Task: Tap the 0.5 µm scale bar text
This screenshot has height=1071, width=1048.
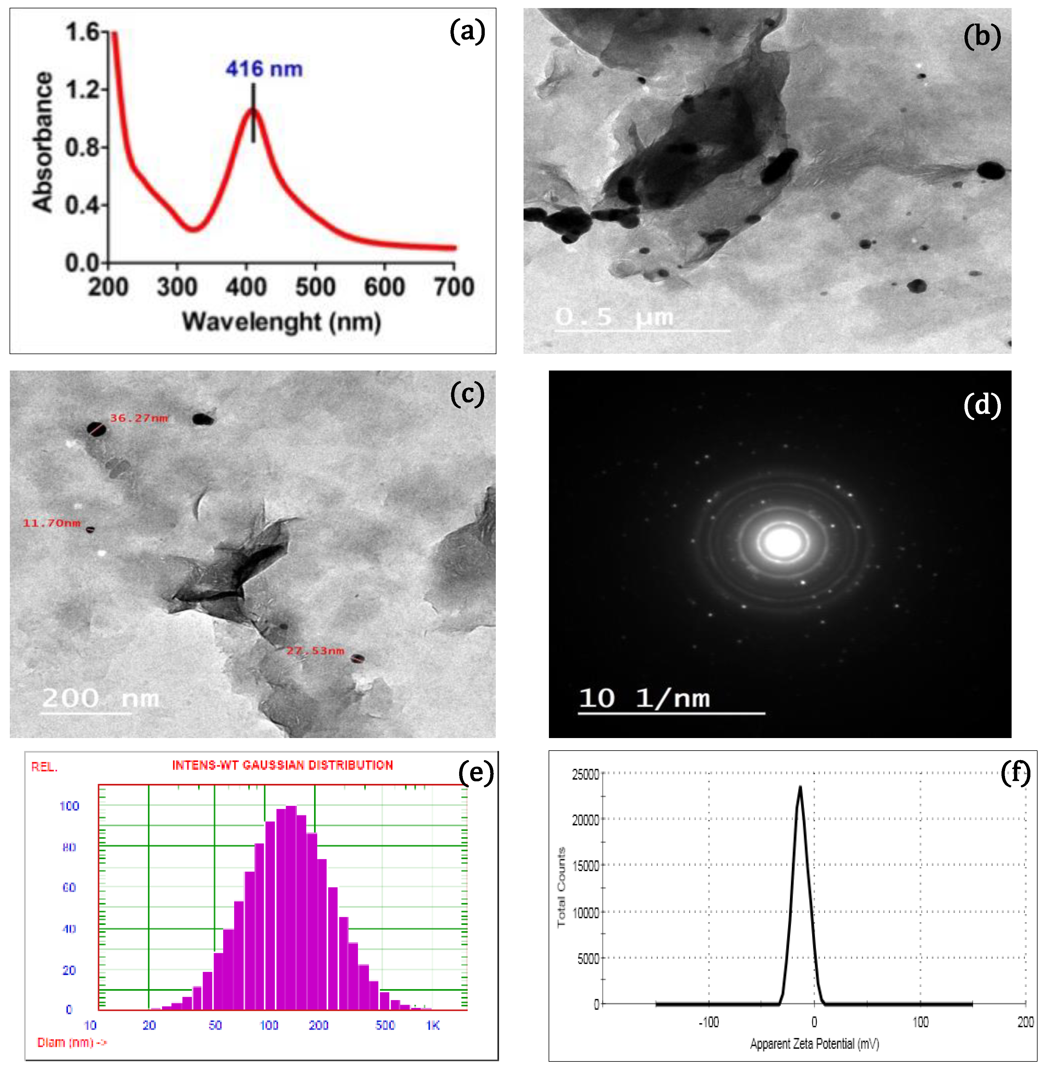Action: [614, 317]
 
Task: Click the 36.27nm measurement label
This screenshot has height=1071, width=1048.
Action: [139, 418]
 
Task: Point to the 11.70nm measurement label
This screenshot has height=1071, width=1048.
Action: [51, 523]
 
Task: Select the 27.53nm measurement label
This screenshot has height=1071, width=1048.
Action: [315, 651]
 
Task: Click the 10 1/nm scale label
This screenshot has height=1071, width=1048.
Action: [644, 698]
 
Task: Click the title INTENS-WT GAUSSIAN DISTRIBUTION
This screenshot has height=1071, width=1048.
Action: [283, 765]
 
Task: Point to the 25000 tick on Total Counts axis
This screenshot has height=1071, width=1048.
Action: [585, 775]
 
